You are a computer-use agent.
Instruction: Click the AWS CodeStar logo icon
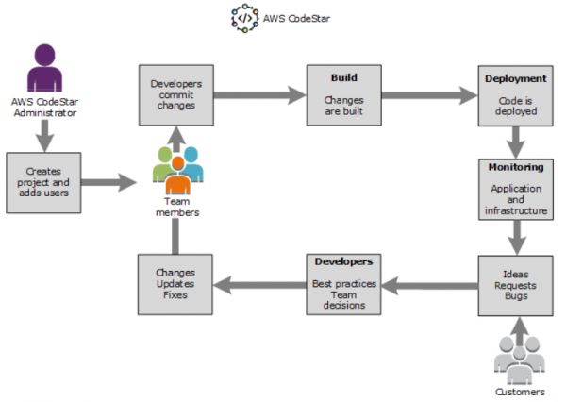point(245,18)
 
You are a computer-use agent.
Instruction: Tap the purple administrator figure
point(44,68)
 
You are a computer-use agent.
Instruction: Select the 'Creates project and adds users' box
point(43,183)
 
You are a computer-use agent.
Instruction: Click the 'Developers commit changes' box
point(176,95)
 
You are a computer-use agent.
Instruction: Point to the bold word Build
point(344,77)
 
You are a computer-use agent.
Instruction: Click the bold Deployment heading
point(515,78)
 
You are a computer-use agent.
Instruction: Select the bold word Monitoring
point(516,167)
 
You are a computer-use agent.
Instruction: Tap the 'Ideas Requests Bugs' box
point(515,286)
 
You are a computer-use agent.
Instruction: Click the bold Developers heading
point(343,261)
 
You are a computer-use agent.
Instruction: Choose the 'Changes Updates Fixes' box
point(175,285)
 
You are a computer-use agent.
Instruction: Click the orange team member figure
point(178,176)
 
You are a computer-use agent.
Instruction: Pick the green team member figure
point(163,164)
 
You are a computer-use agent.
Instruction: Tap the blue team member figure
point(192,164)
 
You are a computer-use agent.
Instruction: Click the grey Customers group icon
point(519,360)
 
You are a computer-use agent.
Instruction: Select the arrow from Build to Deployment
point(429,95)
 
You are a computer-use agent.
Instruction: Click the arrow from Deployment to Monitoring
point(516,142)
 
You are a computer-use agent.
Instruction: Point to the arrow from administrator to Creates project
point(44,136)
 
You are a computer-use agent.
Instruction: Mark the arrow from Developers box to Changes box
point(260,285)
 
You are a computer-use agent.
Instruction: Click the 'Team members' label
point(177,207)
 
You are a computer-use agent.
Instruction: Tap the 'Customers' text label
point(520,392)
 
